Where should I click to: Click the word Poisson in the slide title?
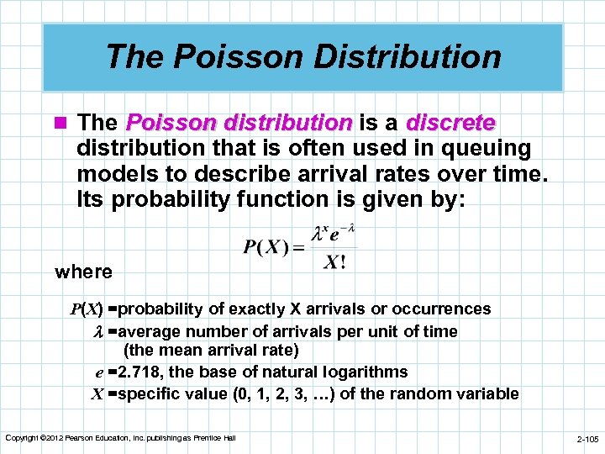[x=216, y=56]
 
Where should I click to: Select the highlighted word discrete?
[x=450, y=123]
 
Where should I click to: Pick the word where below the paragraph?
[x=83, y=272]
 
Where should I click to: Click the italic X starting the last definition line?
[x=97, y=394]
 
